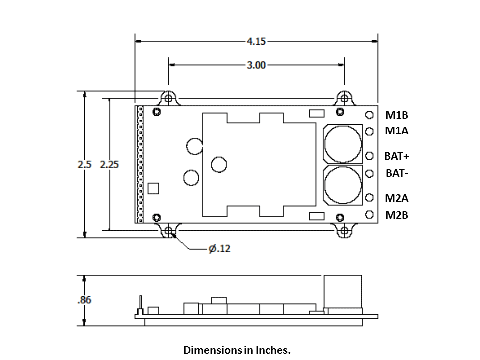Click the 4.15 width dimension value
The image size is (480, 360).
tap(256, 42)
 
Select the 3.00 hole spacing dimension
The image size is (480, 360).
tap(256, 65)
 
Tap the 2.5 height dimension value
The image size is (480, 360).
tap(85, 164)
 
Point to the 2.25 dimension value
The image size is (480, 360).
tap(109, 164)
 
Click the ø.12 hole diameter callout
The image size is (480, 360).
tap(219, 248)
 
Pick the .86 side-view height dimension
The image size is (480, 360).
tap(84, 300)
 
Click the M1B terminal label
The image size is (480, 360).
tap(397, 115)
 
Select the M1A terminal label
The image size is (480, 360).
tap(397, 131)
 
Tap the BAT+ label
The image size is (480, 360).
tap(397, 156)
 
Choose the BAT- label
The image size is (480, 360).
tap(397, 174)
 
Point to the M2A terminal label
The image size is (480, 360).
tap(397, 198)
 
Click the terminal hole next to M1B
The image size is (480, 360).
tap(370, 115)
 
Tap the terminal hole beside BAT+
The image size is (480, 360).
tap(370, 156)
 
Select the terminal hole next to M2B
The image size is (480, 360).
tap(370, 215)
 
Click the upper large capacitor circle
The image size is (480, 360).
tap(343, 143)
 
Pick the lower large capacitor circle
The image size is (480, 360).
tap(343, 185)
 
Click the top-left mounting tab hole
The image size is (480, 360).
tap(169, 98)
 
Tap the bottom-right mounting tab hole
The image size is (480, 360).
tap(344, 231)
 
